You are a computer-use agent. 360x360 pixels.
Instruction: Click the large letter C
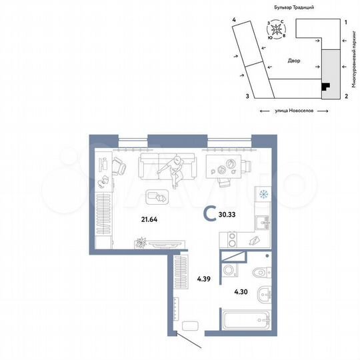pyautogui.click(x=209, y=213)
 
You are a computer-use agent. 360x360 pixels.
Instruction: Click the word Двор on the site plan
pyautogui.click(x=294, y=61)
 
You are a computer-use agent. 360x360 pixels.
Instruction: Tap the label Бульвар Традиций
pyautogui.click(x=294, y=6)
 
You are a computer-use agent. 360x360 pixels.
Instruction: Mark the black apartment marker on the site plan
pyautogui.click(x=325, y=86)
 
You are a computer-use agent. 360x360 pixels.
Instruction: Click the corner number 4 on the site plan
pyautogui.click(x=234, y=21)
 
